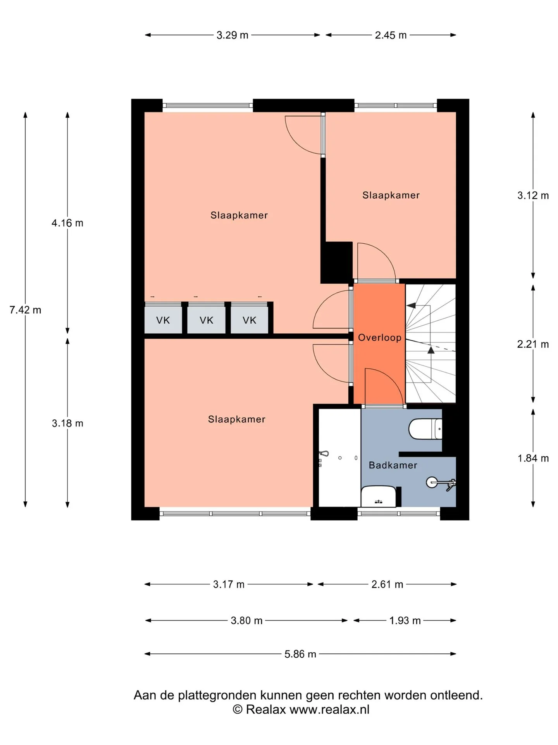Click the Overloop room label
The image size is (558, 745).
(x=379, y=338)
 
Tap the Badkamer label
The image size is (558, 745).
(x=393, y=465)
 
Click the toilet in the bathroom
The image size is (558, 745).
(x=425, y=429)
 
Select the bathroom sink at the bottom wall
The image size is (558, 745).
(x=379, y=496)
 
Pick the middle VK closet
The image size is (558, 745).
(x=206, y=320)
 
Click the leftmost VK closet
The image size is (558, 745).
(x=163, y=320)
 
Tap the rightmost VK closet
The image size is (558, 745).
(x=250, y=320)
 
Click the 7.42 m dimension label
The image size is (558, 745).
(x=25, y=310)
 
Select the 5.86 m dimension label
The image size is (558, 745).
(x=300, y=654)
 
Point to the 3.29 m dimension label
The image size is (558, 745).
(x=232, y=35)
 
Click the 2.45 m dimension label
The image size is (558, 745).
(x=391, y=35)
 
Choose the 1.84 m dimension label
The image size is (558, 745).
(x=533, y=458)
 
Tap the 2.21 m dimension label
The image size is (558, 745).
(x=533, y=344)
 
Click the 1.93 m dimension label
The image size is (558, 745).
(x=405, y=620)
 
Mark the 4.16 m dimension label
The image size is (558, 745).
(x=67, y=223)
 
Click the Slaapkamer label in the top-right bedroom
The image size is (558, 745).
(x=391, y=195)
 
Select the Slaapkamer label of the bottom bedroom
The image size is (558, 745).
(x=237, y=419)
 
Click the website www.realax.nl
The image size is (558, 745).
(x=329, y=709)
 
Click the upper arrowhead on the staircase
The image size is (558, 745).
(x=411, y=305)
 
